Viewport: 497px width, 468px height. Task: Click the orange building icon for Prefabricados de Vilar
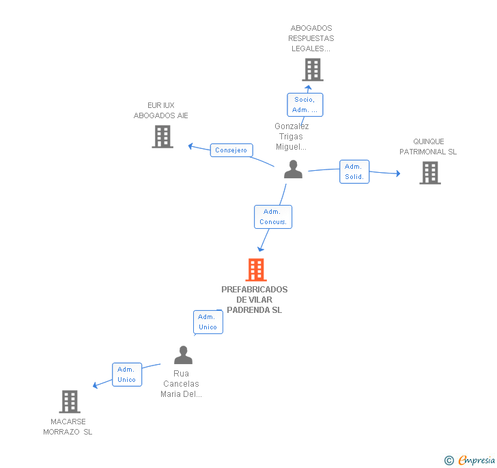coord(255,270)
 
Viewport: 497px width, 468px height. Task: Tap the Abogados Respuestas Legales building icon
coord(312,70)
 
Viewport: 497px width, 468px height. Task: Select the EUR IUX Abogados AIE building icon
coord(162,137)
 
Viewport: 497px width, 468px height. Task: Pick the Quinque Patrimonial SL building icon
coord(429,173)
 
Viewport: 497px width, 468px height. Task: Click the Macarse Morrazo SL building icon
coord(70,402)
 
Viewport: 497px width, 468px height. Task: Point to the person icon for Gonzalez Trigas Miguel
coord(293,169)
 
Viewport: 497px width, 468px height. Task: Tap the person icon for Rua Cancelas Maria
coord(183,355)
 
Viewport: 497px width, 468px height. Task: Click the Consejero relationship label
coord(231,150)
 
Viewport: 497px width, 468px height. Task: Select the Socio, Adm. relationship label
coord(304,105)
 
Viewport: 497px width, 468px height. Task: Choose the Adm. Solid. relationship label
coord(354,172)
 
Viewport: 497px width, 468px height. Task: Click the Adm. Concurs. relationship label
coord(273,217)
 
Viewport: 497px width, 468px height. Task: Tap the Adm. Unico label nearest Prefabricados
coord(208,322)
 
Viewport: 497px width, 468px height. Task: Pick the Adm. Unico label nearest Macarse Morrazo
coord(127,374)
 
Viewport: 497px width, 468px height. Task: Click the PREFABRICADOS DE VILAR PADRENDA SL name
coord(255,300)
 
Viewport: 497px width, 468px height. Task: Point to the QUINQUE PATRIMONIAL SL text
coord(428,147)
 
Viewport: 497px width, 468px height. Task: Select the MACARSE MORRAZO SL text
coord(68,427)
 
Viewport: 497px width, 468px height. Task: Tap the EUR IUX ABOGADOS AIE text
coord(161,111)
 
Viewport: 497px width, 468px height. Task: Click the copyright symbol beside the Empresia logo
coord(449,460)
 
